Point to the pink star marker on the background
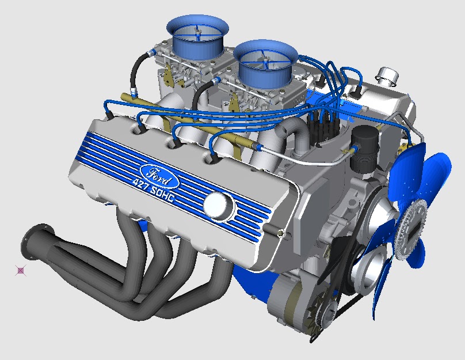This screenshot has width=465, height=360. click(21, 270)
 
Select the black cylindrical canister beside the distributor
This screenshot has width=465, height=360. click(363, 149)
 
